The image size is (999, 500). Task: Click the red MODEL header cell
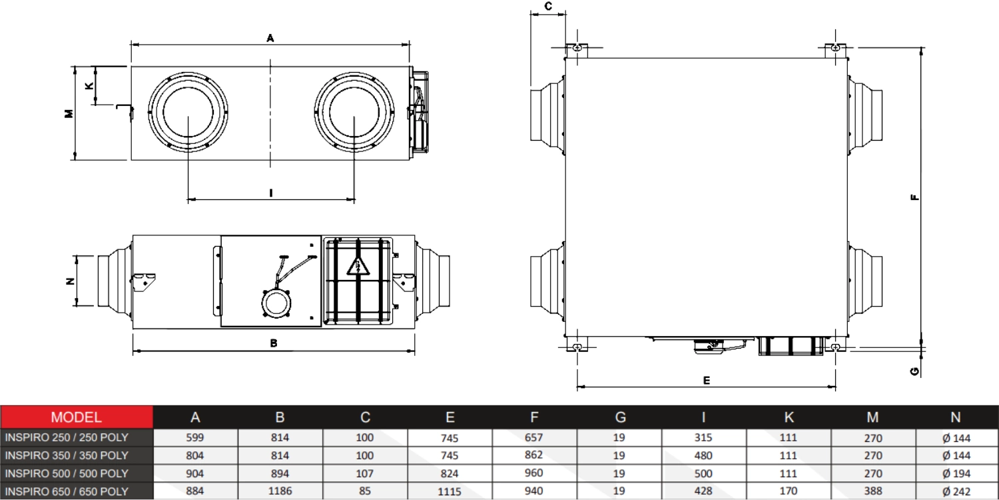(x=77, y=417)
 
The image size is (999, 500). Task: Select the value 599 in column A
(x=195, y=438)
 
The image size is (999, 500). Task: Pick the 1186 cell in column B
(x=280, y=491)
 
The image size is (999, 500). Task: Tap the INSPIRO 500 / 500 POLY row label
(x=67, y=473)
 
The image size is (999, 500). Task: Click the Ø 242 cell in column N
(x=956, y=491)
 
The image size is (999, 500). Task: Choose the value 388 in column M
(x=872, y=491)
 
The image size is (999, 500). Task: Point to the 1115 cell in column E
(x=450, y=491)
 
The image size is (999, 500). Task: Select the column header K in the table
(x=789, y=417)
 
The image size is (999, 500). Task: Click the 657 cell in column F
(x=533, y=438)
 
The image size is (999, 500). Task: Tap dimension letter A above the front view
(x=270, y=39)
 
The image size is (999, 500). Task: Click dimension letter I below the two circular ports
(x=271, y=193)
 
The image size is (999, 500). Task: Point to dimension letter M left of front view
(x=68, y=113)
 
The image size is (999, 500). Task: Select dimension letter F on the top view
(x=915, y=197)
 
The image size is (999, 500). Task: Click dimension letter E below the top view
(x=707, y=380)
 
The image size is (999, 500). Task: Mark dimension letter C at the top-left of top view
(x=547, y=7)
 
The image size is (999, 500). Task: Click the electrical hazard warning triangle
(x=358, y=267)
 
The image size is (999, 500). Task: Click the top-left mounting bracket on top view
(x=577, y=49)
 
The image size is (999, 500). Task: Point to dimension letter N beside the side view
(x=69, y=281)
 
